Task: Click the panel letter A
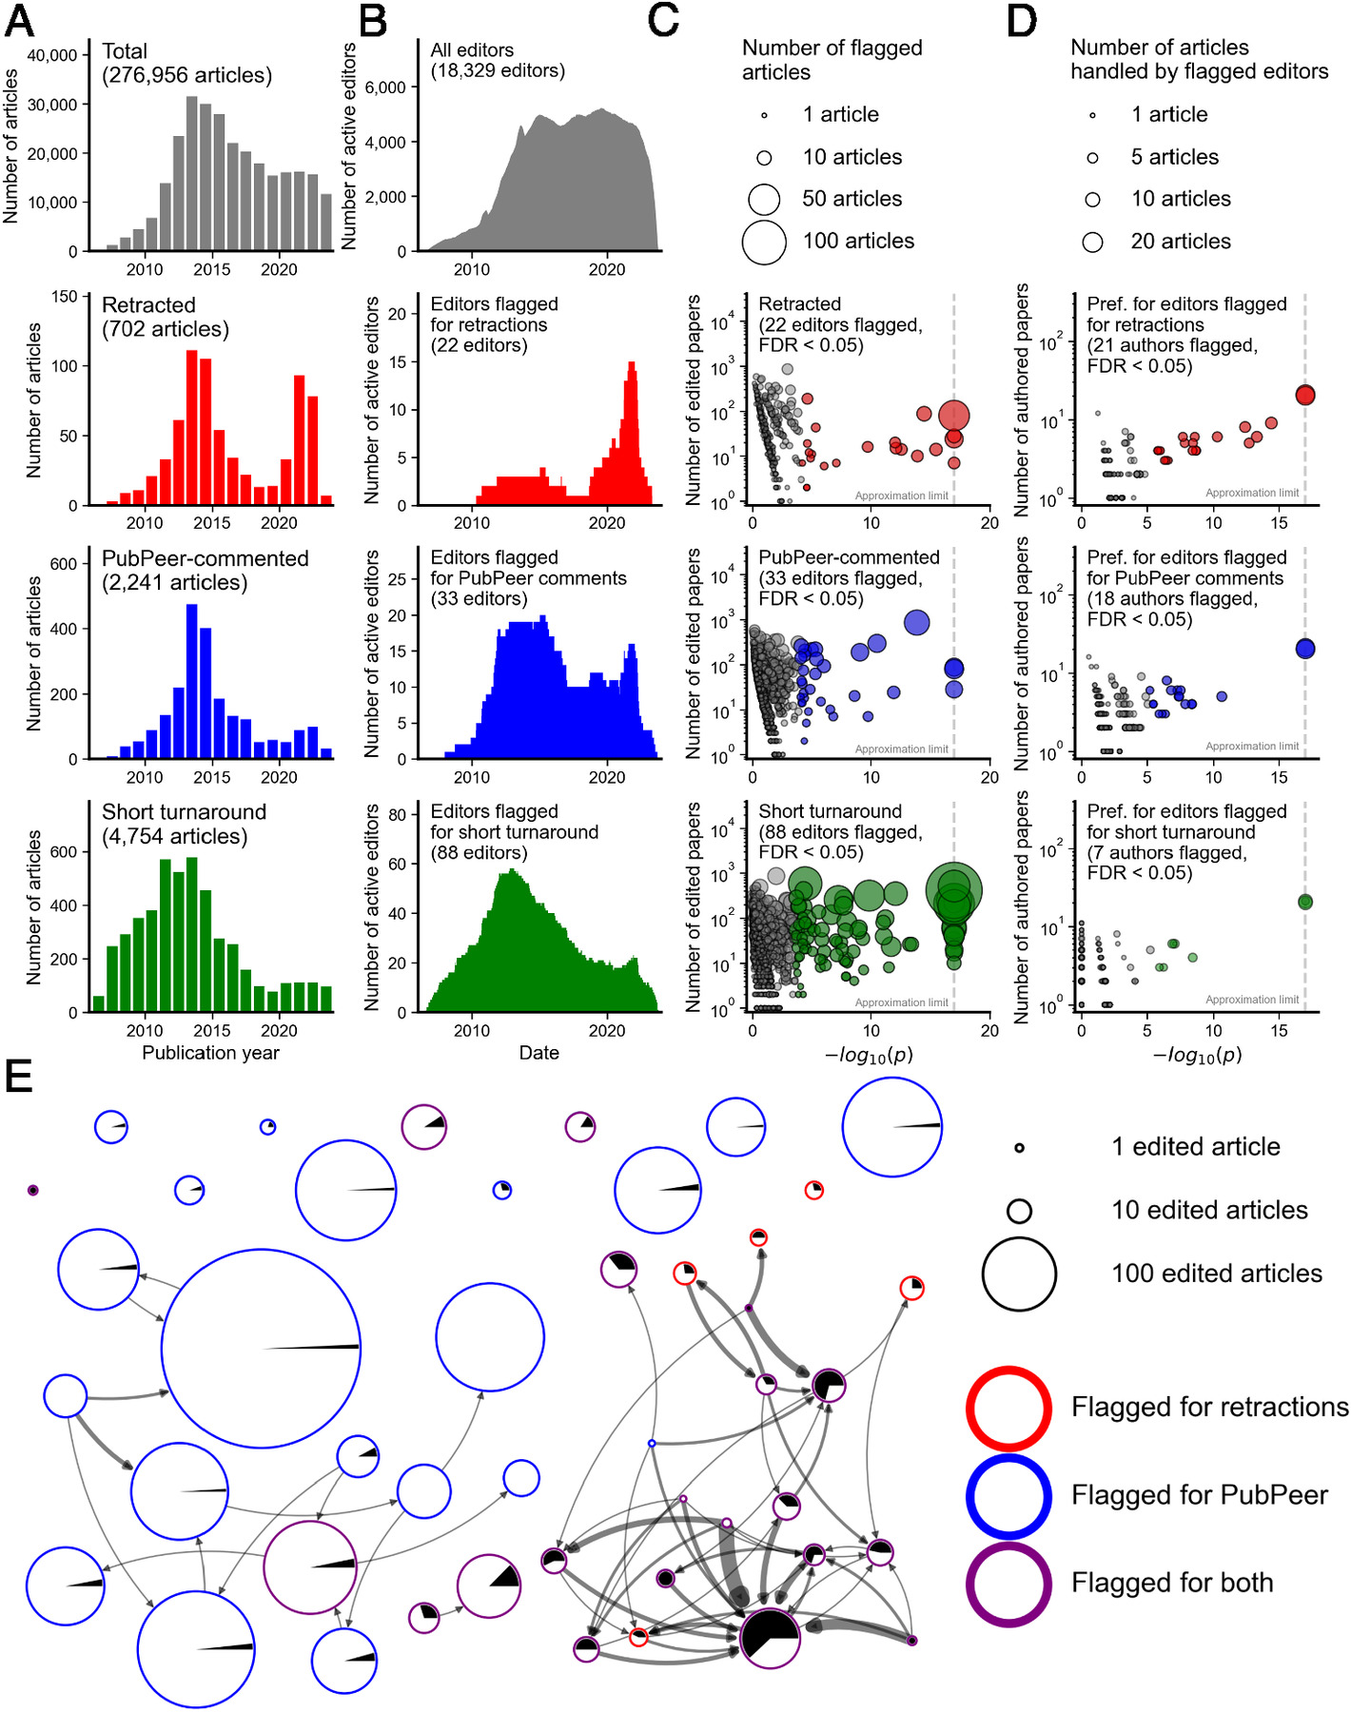(x=19, y=21)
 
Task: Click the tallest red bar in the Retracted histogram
(x=191, y=427)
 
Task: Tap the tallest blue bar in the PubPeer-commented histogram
(x=191, y=681)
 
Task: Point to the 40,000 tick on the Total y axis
(x=52, y=55)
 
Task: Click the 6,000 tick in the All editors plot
(x=385, y=88)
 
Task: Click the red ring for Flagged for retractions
(x=1008, y=1409)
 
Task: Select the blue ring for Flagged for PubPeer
(x=1008, y=1496)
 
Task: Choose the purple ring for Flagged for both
(x=1008, y=1584)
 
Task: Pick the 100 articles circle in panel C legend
(x=764, y=242)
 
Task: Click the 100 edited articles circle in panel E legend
(x=1019, y=1274)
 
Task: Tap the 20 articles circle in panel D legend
(x=1092, y=242)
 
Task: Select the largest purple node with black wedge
(x=770, y=1638)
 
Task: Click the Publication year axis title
(x=210, y=1053)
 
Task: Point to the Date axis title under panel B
(x=538, y=1053)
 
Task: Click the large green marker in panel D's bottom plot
(x=1305, y=902)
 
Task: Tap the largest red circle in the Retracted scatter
(x=954, y=415)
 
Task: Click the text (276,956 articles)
(x=186, y=76)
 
